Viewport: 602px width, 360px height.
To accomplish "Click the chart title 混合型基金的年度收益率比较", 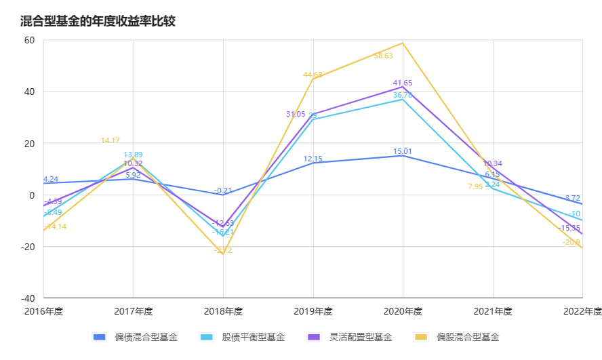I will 98,21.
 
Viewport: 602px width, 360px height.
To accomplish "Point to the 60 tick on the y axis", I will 29,40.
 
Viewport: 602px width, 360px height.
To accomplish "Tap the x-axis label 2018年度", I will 224,312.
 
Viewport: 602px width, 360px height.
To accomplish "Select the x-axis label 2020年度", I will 403,312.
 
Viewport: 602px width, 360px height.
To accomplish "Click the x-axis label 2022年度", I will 582,312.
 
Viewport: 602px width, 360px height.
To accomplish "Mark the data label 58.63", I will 383,56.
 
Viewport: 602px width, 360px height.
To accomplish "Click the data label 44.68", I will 313,75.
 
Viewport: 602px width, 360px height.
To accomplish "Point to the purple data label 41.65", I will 403,83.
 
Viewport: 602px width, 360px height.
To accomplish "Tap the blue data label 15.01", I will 403,152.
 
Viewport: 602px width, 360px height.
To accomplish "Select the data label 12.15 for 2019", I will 313,159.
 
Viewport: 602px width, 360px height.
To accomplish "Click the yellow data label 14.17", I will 111,140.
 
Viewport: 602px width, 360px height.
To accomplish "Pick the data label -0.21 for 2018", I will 223,191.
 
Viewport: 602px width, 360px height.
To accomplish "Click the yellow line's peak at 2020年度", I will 403,43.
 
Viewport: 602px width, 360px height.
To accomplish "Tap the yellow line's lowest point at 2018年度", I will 223,255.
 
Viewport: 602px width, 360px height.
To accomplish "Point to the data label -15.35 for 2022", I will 569,228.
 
